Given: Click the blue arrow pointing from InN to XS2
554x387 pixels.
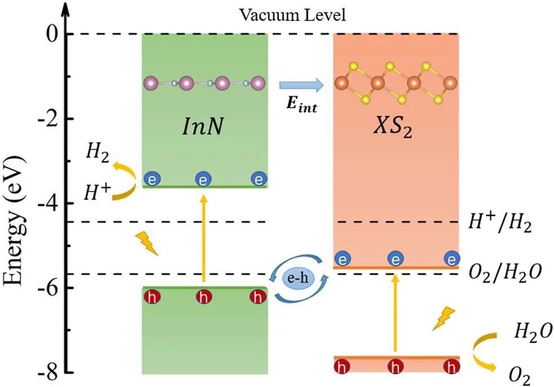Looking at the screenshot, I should tap(301, 85).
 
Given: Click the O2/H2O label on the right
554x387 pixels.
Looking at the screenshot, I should tap(505, 272).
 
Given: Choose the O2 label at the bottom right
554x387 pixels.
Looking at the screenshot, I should tap(519, 373).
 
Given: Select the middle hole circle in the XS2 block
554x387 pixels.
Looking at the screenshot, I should tap(395, 368).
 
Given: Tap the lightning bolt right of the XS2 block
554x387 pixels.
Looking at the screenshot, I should tap(443, 318).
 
